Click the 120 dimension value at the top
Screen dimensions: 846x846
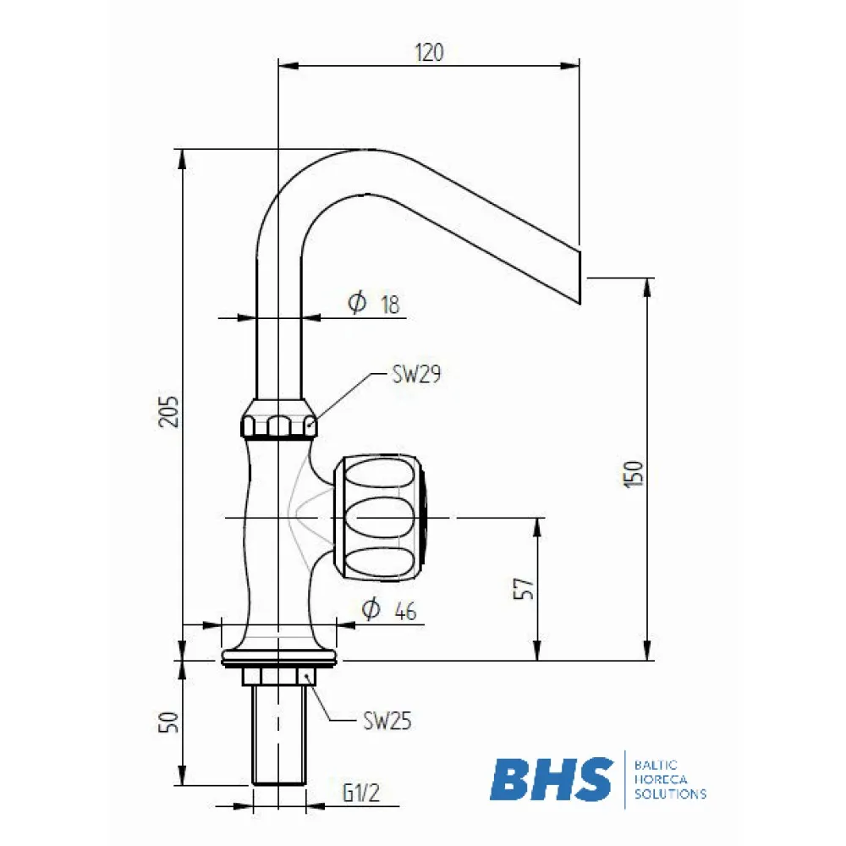[x=429, y=52]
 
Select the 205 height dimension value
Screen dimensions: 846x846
[x=170, y=411]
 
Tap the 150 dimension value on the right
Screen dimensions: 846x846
[x=636, y=473]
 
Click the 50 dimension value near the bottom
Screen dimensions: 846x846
[x=169, y=722]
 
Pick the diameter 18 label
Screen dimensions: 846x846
[x=373, y=304]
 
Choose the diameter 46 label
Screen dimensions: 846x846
[x=388, y=610]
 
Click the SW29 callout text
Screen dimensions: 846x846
[x=417, y=375]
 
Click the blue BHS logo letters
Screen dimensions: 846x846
[x=552, y=779]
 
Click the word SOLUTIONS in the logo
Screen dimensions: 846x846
[x=669, y=794]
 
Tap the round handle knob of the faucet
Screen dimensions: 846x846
[x=381, y=517]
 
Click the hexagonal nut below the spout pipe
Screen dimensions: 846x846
[x=279, y=423]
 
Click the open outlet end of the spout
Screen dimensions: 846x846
[x=580, y=275]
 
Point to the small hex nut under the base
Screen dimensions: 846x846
[x=278, y=676]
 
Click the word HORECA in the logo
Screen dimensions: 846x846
[x=657, y=779]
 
